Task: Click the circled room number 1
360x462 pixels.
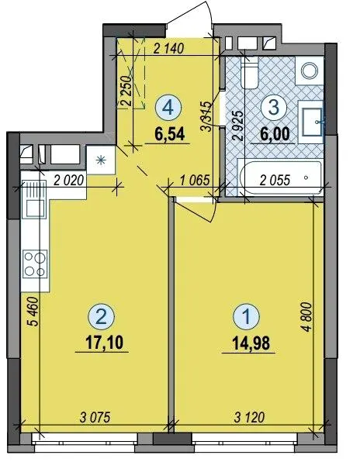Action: pyautogui.click(x=247, y=317)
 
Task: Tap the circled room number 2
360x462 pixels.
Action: pyautogui.click(x=102, y=317)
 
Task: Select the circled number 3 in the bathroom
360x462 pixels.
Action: pyautogui.click(x=274, y=108)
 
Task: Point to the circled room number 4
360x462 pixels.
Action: pyautogui.click(x=168, y=108)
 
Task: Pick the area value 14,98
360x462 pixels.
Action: pyautogui.click(x=251, y=343)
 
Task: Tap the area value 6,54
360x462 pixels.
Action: pyautogui.click(x=170, y=134)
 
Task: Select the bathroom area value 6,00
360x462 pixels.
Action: pyautogui.click(x=275, y=134)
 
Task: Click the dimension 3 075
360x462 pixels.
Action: pyautogui.click(x=95, y=417)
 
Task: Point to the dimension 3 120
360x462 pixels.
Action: pyautogui.click(x=249, y=417)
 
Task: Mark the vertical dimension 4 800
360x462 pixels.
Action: pyautogui.click(x=307, y=317)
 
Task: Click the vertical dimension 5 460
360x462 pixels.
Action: pyautogui.click(x=33, y=312)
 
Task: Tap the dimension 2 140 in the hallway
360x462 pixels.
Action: pyautogui.click(x=169, y=48)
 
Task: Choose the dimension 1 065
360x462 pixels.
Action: pyautogui.click(x=195, y=180)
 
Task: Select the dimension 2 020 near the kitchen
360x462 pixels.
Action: pyautogui.click(x=69, y=180)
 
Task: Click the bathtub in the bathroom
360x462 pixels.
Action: pyautogui.click(x=281, y=178)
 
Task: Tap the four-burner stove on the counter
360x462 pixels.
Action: pyautogui.click(x=35, y=264)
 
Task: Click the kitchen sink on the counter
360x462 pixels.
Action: pyautogui.click(x=34, y=199)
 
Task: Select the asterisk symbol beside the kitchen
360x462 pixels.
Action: pyautogui.click(x=101, y=160)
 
